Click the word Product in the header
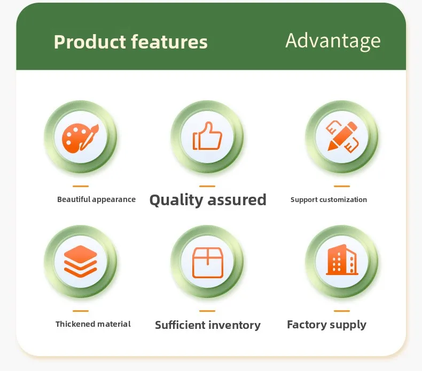90,42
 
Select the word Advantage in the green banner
333,42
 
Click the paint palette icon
81,138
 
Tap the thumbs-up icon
207,136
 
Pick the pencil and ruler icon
342,136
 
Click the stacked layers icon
81,261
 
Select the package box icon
207,262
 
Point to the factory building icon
342,260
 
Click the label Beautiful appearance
96,199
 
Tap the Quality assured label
208,200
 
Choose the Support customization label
329,199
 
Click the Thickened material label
93,324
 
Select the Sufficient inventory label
208,325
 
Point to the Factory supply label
327,325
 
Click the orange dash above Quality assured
207,186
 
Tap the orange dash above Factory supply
342,311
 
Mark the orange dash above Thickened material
81,311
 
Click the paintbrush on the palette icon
89,137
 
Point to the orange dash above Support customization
342,186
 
